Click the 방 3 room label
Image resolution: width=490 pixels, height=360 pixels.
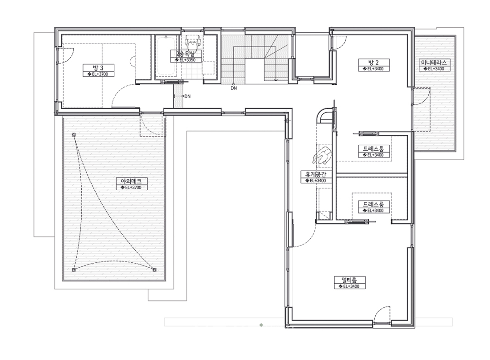(98, 68)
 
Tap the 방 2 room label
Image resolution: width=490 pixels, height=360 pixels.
(374, 62)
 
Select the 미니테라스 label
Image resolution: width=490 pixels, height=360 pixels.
(433, 62)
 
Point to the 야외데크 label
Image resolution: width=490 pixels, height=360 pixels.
(131, 181)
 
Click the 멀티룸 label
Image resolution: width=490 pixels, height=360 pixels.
(349, 280)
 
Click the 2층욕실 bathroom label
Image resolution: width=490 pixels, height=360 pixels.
(185, 54)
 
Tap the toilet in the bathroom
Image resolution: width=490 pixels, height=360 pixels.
(193, 41)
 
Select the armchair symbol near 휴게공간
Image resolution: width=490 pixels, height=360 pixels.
(323, 156)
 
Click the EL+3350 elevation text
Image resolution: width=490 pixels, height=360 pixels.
(187, 60)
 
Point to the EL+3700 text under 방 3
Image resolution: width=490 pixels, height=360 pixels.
(98, 74)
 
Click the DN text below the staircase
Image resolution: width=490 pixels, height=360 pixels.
(234, 88)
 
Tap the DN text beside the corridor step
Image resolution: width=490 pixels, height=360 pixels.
(187, 96)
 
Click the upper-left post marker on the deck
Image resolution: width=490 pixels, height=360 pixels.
(74, 135)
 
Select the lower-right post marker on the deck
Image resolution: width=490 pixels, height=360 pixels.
(154, 270)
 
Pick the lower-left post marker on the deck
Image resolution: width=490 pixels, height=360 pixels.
(74, 270)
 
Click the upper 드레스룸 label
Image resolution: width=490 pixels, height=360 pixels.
(373, 148)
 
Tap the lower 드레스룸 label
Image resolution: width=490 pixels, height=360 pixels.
(373, 204)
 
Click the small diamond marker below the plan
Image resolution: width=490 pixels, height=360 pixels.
(261, 325)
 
